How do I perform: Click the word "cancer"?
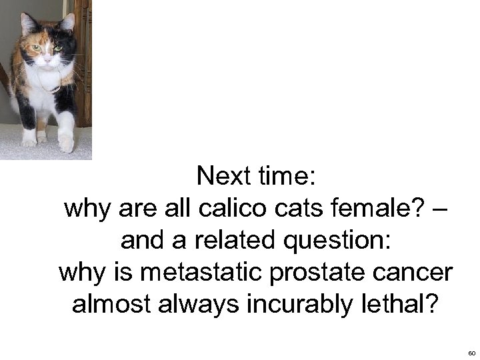click(415, 273)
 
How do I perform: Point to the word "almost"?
click(107, 305)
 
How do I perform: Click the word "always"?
click(196, 305)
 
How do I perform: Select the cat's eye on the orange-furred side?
click(36, 47)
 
